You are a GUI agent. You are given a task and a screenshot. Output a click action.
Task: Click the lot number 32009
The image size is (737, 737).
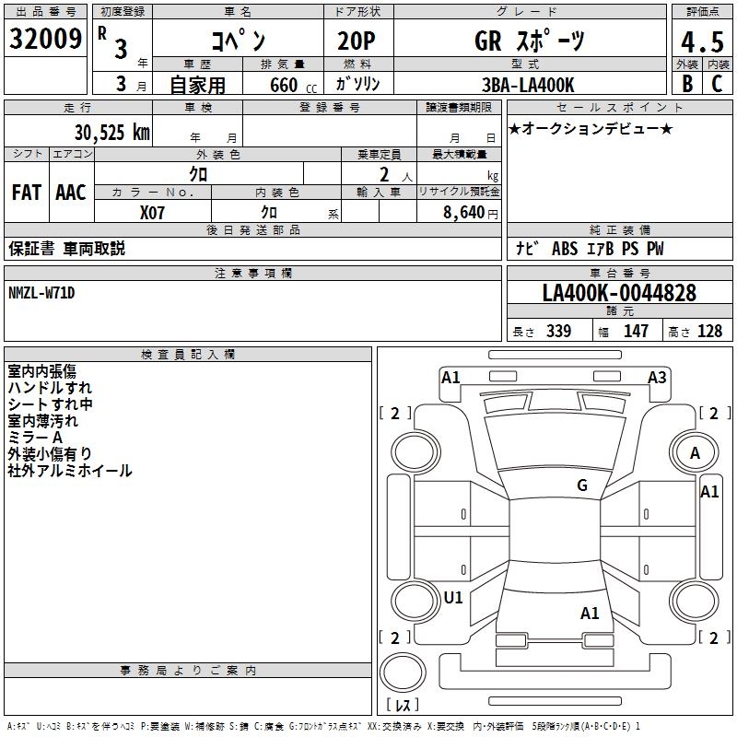pyautogui.click(x=44, y=39)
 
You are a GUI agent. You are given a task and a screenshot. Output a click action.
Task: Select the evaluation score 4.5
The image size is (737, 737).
pyautogui.click(x=701, y=41)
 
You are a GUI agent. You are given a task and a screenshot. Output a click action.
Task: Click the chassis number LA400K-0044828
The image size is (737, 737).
pyautogui.click(x=619, y=294)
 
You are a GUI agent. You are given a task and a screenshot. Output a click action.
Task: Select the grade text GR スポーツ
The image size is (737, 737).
pyautogui.click(x=529, y=41)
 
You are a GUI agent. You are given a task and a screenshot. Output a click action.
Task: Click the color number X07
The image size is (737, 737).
pyautogui.click(x=153, y=212)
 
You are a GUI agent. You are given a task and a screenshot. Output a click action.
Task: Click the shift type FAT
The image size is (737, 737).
pyautogui.click(x=26, y=192)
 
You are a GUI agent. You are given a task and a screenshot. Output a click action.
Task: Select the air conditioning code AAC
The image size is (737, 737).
pyautogui.click(x=70, y=192)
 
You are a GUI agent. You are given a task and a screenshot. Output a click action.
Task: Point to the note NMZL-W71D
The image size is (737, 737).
pyautogui.click(x=41, y=293)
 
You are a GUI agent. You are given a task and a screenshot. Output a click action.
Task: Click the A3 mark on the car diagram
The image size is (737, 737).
pyautogui.click(x=657, y=377)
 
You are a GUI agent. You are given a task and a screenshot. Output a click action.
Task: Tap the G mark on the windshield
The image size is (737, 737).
pyautogui.click(x=582, y=485)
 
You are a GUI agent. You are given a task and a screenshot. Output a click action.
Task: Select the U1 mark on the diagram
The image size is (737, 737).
pyautogui.click(x=453, y=597)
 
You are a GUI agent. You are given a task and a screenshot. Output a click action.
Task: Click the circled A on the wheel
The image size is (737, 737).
pyautogui.click(x=696, y=452)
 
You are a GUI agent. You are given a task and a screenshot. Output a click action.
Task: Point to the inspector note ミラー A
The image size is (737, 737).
pyautogui.click(x=35, y=438)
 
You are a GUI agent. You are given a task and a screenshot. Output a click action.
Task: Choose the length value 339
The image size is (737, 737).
pyautogui.click(x=558, y=331)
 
